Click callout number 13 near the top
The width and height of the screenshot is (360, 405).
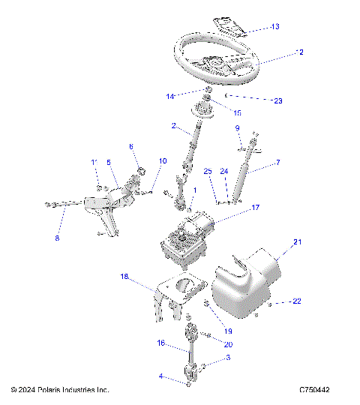tap(275, 27)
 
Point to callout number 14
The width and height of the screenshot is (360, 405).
tap(171, 96)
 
